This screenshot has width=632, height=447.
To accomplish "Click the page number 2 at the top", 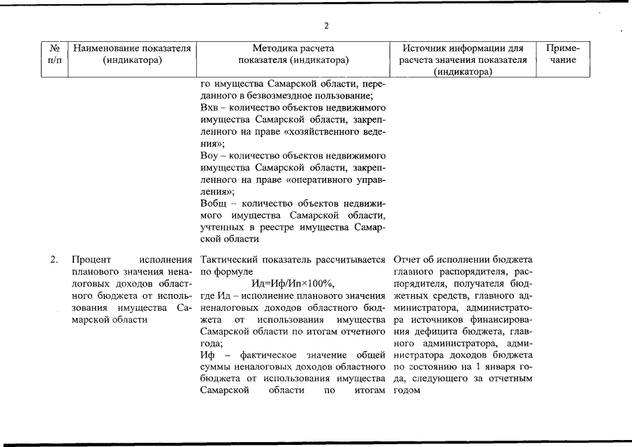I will click(x=325, y=27).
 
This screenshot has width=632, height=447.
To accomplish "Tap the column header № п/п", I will click(x=54, y=54).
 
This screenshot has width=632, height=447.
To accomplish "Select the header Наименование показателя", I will click(x=132, y=49).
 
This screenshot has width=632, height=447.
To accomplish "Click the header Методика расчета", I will click(x=293, y=49).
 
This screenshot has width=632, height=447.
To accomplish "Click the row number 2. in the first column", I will click(x=54, y=261).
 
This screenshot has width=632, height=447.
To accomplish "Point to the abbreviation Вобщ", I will click(x=214, y=203).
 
